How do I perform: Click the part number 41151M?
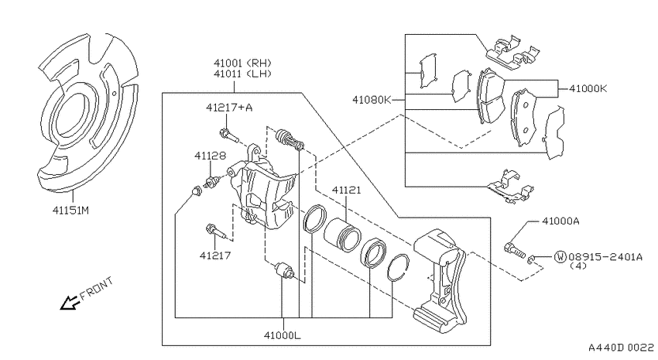(x=70, y=210)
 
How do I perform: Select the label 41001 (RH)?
(x=242, y=63)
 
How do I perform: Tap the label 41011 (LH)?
(x=242, y=74)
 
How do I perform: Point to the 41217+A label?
(x=229, y=108)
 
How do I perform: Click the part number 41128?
(x=210, y=156)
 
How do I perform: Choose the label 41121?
(x=346, y=190)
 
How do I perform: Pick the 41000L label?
(x=283, y=335)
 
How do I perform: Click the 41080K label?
(x=372, y=100)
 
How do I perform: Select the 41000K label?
(x=588, y=88)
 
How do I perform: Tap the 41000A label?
(x=560, y=221)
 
